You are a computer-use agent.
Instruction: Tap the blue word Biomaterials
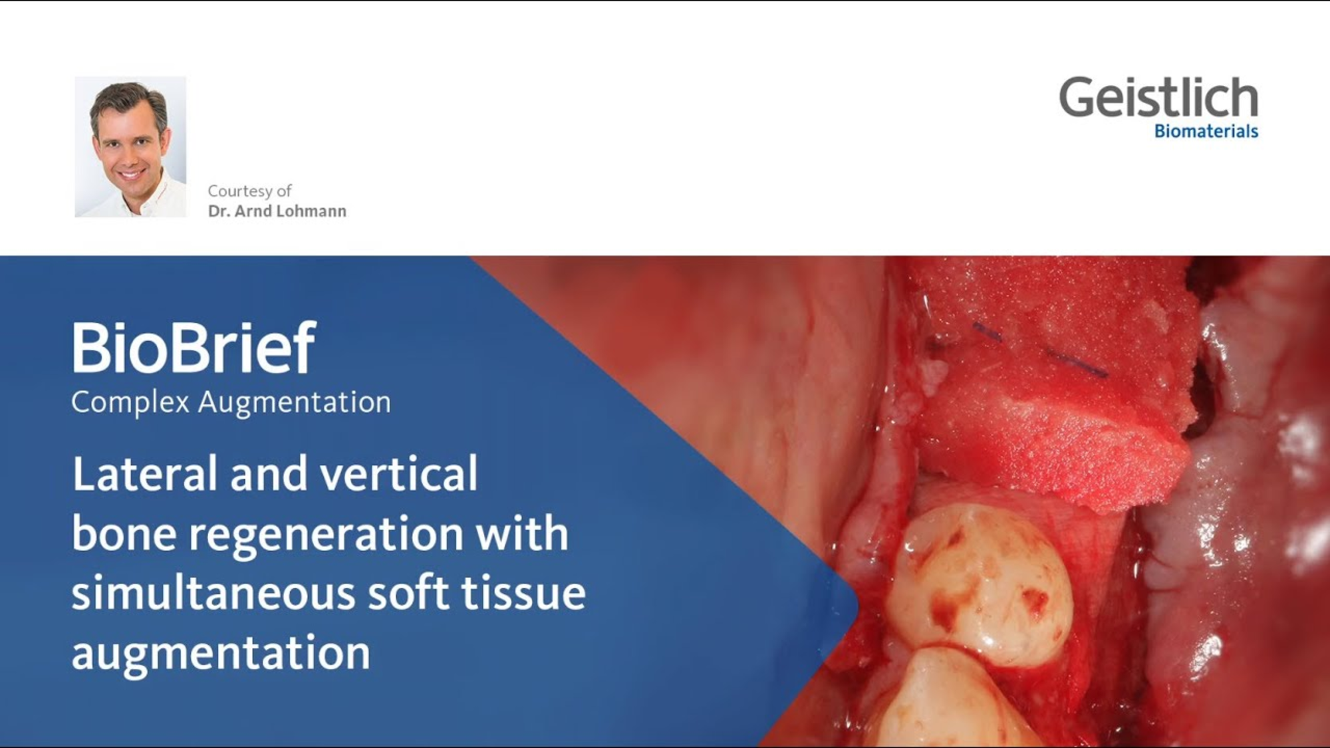[x=1206, y=132]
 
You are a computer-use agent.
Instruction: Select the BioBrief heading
[x=193, y=348]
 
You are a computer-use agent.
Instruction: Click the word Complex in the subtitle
[x=130, y=402]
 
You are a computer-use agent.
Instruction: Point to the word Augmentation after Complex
[x=294, y=402]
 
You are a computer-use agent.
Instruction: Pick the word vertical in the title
[x=398, y=473]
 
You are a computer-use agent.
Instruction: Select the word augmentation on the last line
[x=220, y=653]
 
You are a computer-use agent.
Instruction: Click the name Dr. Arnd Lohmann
[x=277, y=211]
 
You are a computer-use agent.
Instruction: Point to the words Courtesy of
[x=249, y=191]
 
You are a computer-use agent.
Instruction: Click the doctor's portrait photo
[x=130, y=147]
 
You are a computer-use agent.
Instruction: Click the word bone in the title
[x=124, y=533]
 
